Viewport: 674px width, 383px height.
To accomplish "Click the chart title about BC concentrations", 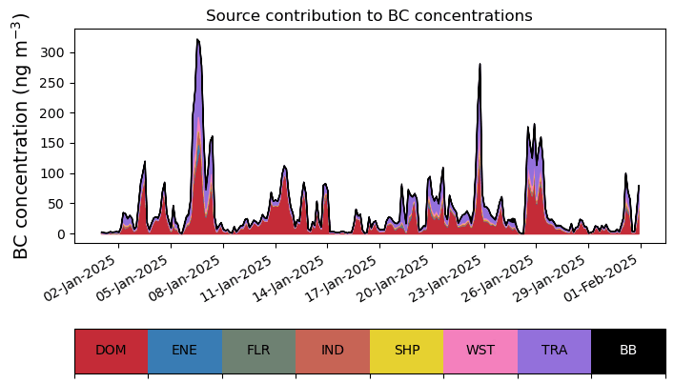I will coord(369,16).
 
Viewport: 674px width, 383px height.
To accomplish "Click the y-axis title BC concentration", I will coord(22,135).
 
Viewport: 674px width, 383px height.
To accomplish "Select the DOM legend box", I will coord(111,350).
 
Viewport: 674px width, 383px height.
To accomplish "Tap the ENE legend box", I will coord(185,350).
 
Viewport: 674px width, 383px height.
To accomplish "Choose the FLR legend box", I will coord(258,350).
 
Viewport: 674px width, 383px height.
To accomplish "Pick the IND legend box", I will coord(333,350).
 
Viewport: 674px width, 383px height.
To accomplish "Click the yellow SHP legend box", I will coord(407,350).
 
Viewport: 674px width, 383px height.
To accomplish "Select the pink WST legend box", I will coord(480,350).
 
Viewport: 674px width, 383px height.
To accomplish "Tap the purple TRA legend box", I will coord(554,350).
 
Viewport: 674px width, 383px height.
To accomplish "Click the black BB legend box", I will coord(628,350).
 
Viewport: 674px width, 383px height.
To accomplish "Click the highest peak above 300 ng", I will coord(197,40).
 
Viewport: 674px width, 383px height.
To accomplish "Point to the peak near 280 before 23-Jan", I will coord(480,65).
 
